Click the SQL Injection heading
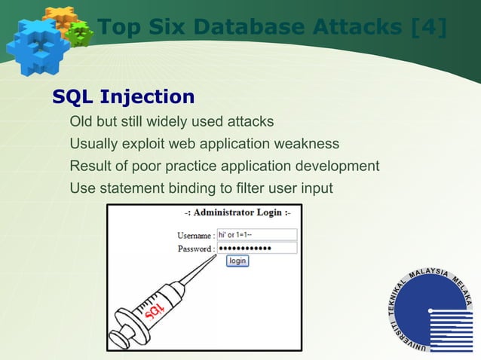pyautogui.click(x=123, y=97)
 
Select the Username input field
pyautogui.click(x=256, y=234)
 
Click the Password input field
pyautogui.click(x=256, y=248)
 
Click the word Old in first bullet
pyautogui.click(x=81, y=121)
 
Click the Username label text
pyautogui.click(x=194, y=235)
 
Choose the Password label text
pyautogui.click(x=195, y=249)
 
